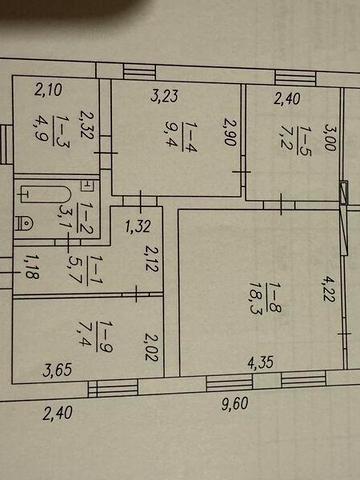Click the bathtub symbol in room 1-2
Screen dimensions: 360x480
(x=46, y=194)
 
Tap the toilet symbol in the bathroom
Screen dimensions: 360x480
(x=24, y=223)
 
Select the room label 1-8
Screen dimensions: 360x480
(x=275, y=298)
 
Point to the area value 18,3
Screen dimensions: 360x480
(x=256, y=298)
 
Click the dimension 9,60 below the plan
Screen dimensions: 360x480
(x=235, y=404)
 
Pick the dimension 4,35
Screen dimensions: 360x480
(x=260, y=362)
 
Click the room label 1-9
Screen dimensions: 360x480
(x=105, y=336)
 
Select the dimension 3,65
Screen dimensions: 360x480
(x=57, y=370)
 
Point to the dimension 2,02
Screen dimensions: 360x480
(x=151, y=348)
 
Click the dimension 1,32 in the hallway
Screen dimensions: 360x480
(x=138, y=226)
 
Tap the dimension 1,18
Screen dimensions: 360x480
(x=33, y=267)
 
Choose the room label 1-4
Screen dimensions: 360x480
(x=190, y=137)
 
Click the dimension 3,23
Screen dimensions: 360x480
(x=164, y=95)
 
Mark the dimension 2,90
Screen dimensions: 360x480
(x=230, y=131)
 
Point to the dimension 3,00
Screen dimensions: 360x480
(x=330, y=138)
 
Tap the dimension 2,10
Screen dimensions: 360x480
(x=49, y=90)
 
